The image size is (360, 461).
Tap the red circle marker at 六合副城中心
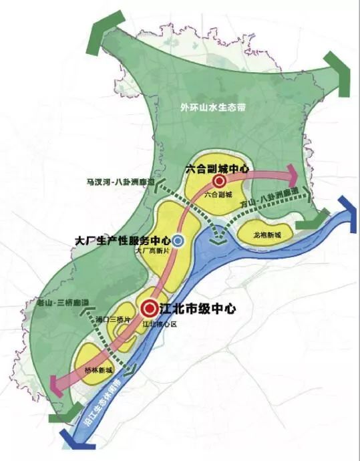pyautogui.click(x=218, y=181)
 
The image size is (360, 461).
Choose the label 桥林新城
pyautogui.click(x=101, y=370)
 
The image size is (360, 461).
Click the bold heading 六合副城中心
pyautogui.click(x=217, y=169)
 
